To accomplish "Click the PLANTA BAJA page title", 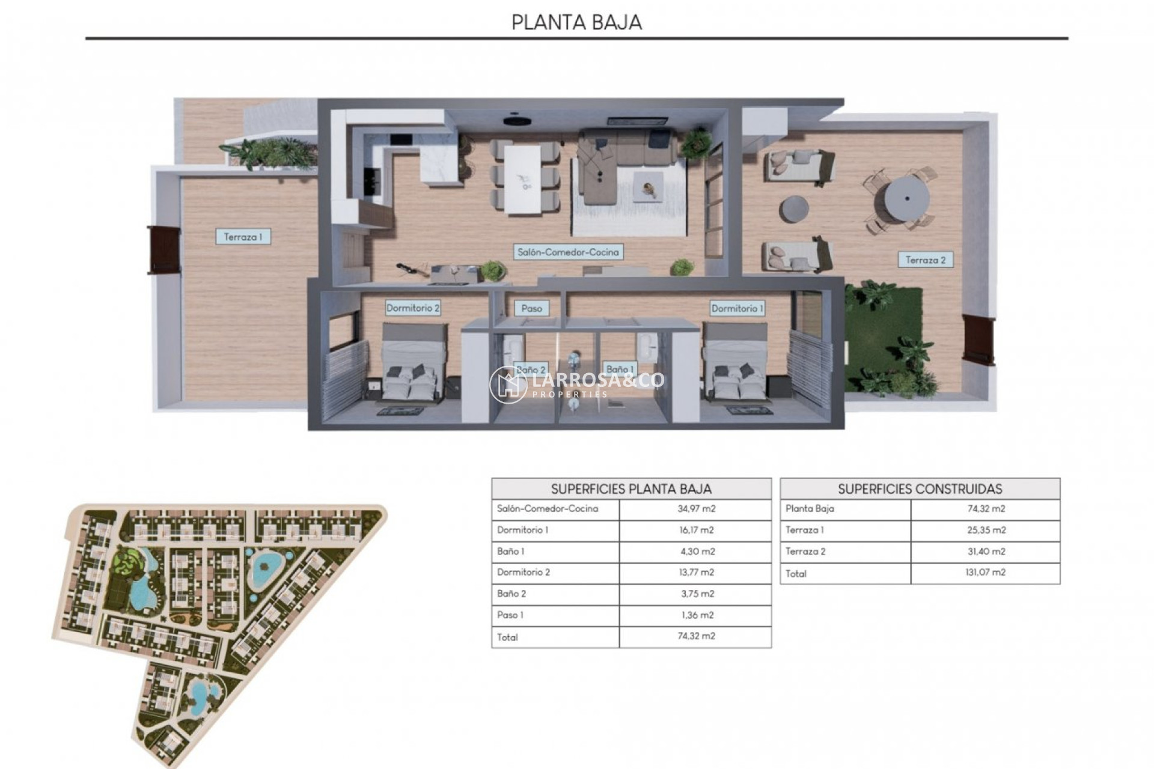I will [x=576, y=22].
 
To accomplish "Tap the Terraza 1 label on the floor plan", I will [x=243, y=237].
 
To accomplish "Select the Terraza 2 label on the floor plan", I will [x=925, y=260].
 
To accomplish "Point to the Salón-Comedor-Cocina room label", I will [x=568, y=252].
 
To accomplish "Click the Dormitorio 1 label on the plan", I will [x=737, y=308].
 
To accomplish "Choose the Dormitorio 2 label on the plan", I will [x=412, y=308].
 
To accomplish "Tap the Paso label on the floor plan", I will [x=531, y=308].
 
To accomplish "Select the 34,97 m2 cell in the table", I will [x=696, y=509].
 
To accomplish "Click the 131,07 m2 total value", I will [x=986, y=573].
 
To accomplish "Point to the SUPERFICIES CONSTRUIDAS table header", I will [x=920, y=488].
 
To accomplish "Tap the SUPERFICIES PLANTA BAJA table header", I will [x=631, y=488].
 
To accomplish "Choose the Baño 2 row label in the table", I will [x=511, y=594].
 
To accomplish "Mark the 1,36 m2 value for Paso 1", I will [x=696, y=615].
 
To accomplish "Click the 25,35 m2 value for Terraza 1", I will [x=986, y=530].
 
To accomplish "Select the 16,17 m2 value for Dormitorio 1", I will [x=696, y=530].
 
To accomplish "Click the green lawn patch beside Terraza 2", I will [x=884, y=336].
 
